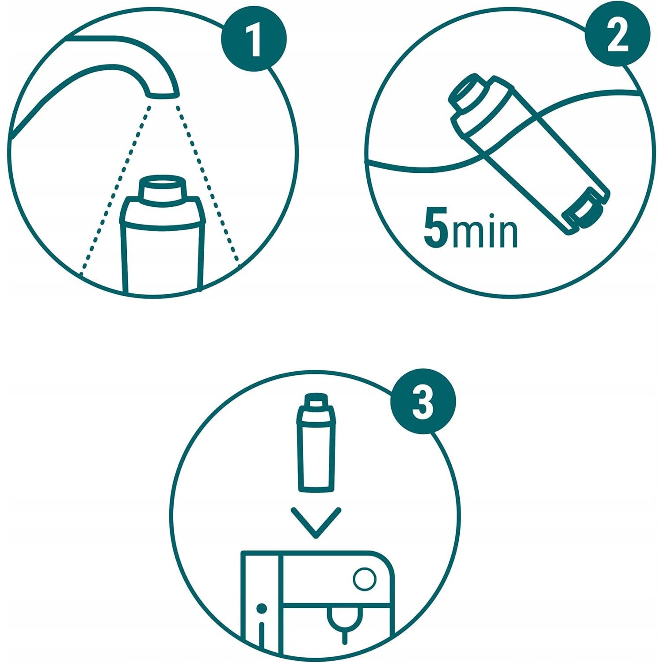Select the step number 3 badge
(423, 401)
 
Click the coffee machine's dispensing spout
(345, 623)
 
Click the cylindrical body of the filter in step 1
(163, 256)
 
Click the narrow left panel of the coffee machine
(261, 601)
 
